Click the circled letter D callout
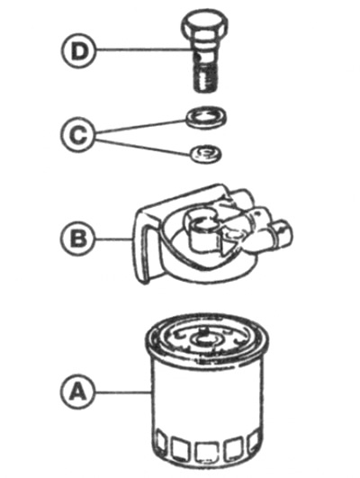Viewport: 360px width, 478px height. click(78, 51)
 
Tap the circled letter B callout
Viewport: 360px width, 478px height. click(77, 238)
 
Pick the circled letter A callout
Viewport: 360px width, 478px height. click(76, 391)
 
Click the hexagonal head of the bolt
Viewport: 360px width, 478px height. click(205, 25)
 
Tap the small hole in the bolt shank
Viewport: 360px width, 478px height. click(198, 57)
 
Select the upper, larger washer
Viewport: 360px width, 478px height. click(206, 118)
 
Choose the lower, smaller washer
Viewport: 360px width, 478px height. click(206, 153)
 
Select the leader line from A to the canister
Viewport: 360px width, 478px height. click(121, 392)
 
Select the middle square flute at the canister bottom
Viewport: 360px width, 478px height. click(205, 453)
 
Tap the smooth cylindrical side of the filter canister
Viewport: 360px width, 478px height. click(207, 396)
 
